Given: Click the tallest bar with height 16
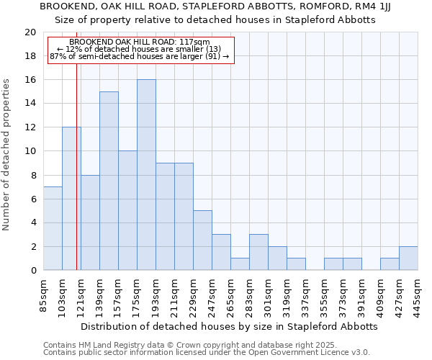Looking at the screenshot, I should [146, 175].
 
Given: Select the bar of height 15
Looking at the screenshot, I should [109, 181].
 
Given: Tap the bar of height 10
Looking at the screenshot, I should [127, 210].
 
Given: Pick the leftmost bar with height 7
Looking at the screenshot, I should [53, 228].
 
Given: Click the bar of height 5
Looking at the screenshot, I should [202, 240].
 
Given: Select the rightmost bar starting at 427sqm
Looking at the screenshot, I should [408, 258].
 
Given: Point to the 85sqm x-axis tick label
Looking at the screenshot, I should [44, 293].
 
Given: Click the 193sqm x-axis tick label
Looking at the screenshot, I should [156, 293].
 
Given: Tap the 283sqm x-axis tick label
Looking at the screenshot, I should [250, 293].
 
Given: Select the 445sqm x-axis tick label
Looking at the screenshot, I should [418, 293].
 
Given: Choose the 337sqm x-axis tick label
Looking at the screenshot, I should [306, 293].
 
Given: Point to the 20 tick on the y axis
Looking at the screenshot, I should [30, 32].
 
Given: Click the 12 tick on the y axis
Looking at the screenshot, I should [30, 127].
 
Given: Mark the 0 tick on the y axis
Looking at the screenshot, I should [32, 270].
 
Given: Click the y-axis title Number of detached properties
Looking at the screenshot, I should [7, 156].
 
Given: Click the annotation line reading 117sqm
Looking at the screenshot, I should [140, 42].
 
